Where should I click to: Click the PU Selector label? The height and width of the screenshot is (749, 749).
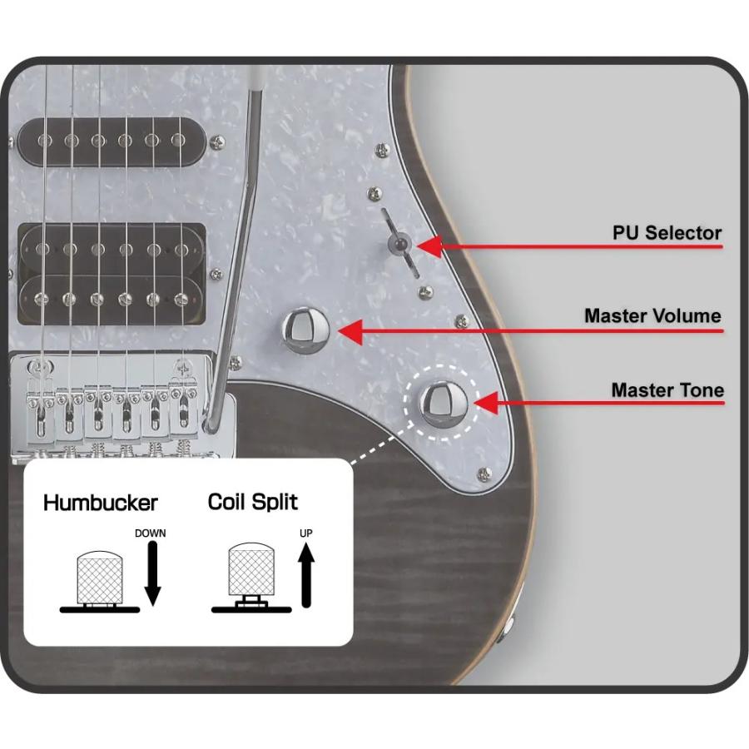pos(667,233)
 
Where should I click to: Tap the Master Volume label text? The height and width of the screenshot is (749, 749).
pos(652,315)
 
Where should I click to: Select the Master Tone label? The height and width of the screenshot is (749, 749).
pos(667,389)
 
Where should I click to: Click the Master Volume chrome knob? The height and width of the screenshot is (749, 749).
pos(305,330)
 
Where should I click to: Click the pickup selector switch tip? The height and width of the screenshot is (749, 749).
pos(399,244)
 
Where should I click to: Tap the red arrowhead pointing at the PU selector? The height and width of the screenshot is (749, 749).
pos(429,247)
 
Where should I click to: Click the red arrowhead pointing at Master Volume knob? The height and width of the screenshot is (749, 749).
pos(350,330)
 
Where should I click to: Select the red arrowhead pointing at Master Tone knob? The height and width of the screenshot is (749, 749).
pos(486,403)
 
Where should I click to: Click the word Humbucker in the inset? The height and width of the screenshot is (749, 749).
pos(101,503)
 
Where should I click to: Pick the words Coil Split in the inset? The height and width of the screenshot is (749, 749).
pos(253,502)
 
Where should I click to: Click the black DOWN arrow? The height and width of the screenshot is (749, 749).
pos(152,573)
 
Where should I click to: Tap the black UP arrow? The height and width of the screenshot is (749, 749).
pos(306,576)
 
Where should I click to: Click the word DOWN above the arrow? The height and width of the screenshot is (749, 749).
pos(150,533)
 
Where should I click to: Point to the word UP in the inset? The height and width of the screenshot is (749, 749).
pos(305,533)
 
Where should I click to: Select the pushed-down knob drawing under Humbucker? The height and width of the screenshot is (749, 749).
pos(99,581)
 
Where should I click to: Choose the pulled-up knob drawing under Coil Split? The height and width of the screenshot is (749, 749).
pos(251,577)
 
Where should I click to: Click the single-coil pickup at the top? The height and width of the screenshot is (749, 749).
pos(112,141)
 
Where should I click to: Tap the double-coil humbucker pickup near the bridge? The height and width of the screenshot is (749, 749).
pos(112,274)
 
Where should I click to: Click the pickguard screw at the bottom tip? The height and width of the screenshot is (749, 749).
pos(484,474)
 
